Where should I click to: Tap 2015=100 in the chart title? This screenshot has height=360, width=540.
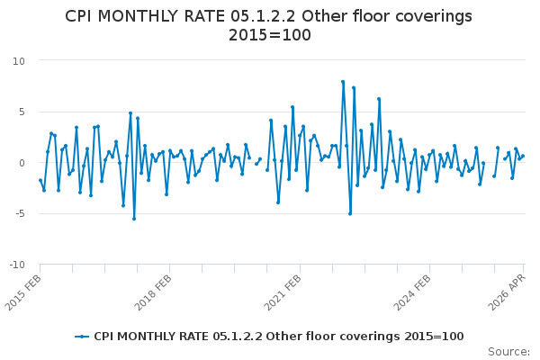pos(270,35)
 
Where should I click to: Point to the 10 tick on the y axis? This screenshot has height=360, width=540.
pos(19,61)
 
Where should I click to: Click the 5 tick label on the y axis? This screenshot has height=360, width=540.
pos(22,112)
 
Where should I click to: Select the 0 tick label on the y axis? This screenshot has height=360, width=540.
pos(22,163)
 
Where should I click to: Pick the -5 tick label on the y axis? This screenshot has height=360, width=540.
pos(20,214)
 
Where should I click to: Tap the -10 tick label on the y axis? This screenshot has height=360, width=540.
pos(17,265)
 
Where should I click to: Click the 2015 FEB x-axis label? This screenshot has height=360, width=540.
pos(23,292)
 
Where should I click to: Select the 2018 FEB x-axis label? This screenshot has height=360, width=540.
pos(153,292)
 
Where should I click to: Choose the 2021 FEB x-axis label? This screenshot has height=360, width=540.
pos(283,292)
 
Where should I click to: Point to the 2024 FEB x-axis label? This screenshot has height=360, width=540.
pos(412,292)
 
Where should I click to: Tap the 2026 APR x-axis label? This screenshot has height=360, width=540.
pos(508,292)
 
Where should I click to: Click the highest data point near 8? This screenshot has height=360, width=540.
pos(343,82)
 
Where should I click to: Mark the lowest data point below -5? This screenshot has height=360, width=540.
pos(134,219)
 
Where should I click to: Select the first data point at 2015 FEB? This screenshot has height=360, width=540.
pos(40,180)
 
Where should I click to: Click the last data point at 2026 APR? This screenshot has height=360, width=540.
pos(523,156)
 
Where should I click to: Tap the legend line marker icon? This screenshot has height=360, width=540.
pos(82,337)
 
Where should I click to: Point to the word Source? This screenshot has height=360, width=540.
pos(508,352)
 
